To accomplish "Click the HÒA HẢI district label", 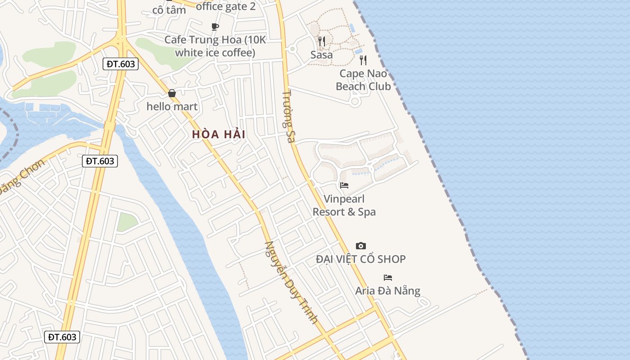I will [x=219, y=134].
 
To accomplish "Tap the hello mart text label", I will [x=172, y=107].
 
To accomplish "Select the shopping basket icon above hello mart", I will [x=172, y=93].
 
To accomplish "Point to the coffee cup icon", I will [x=215, y=27].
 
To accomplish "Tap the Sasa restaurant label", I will [x=322, y=55].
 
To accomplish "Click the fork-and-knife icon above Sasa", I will [x=322, y=41].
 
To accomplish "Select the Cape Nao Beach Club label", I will [x=363, y=80].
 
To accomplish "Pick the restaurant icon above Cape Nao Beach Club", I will [x=363, y=60].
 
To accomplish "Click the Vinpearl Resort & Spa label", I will [x=344, y=205].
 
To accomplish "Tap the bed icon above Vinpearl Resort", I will [x=344, y=185].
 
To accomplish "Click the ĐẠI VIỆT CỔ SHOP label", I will [x=360, y=259].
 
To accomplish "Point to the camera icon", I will [x=360, y=246].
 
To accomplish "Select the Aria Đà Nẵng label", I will [x=387, y=291].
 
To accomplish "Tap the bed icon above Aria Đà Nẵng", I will [x=387, y=277].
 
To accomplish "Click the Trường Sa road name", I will [x=288, y=117].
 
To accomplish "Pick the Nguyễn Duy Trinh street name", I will [x=291, y=282].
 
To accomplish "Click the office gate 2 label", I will [x=225, y=6].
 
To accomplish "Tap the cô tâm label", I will [x=169, y=10].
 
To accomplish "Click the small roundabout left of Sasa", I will [x=292, y=49].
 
